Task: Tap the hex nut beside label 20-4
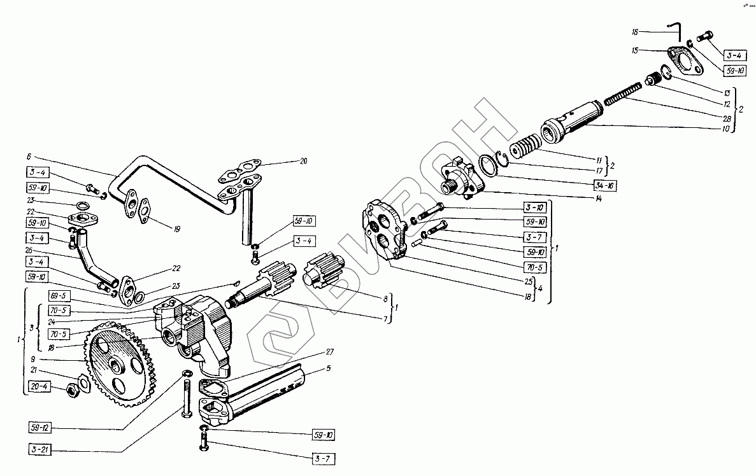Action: pyautogui.click(x=74, y=387)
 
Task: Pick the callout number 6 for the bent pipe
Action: pyautogui.click(x=28, y=155)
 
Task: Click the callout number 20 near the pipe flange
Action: pyautogui.click(x=303, y=161)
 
